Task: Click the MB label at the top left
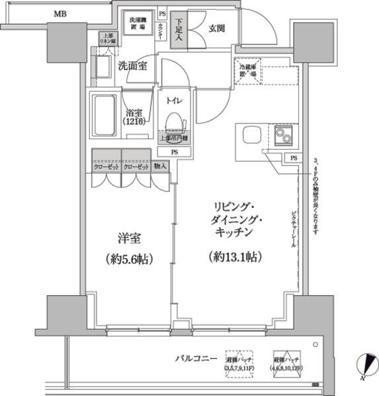coord(60,13)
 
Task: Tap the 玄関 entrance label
coord(218,28)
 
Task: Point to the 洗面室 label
coord(132,66)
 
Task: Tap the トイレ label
coord(175,100)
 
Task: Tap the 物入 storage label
coord(159,168)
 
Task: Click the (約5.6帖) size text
coord(130,259)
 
